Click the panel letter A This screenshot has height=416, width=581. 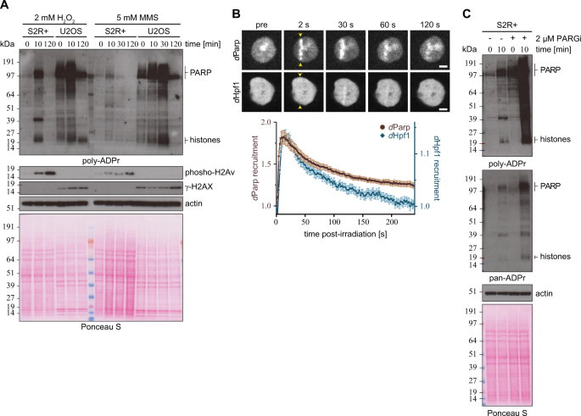coord(6,7)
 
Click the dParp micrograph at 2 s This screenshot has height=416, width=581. coord(303,44)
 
